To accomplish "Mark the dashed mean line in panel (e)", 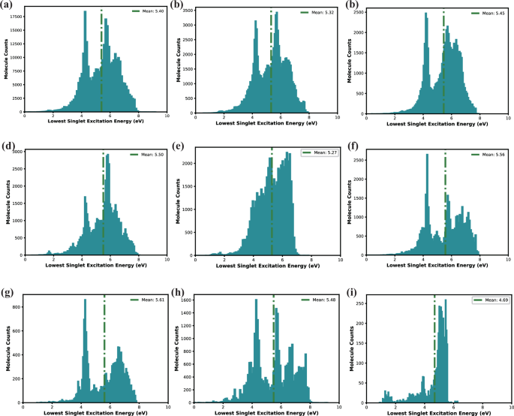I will (272, 203).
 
